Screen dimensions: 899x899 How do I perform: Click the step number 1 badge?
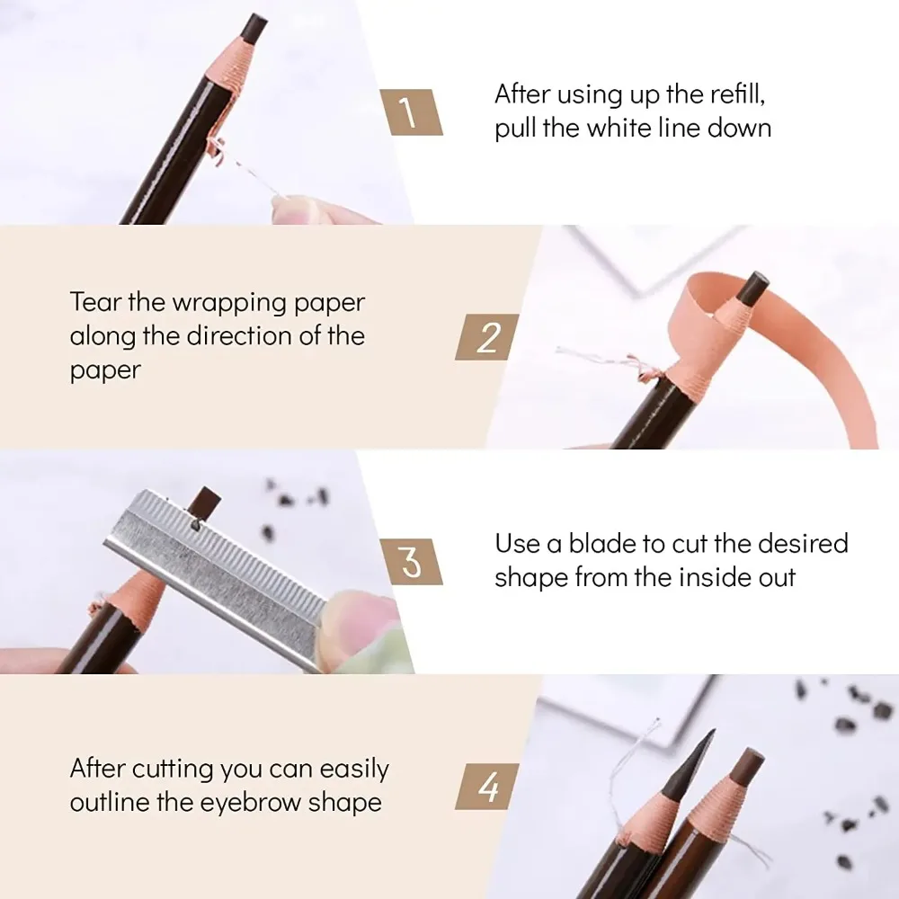pyautogui.click(x=410, y=112)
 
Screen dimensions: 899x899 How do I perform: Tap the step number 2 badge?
pyautogui.click(x=487, y=337)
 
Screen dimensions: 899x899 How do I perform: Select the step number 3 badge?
pyautogui.click(x=410, y=562)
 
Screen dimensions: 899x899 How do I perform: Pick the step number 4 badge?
pyautogui.click(x=487, y=788)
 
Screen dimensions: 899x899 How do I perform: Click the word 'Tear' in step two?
pyautogui.click(x=96, y=301)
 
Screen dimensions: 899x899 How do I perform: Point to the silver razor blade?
pyautogui.click(x=225, y=566)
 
